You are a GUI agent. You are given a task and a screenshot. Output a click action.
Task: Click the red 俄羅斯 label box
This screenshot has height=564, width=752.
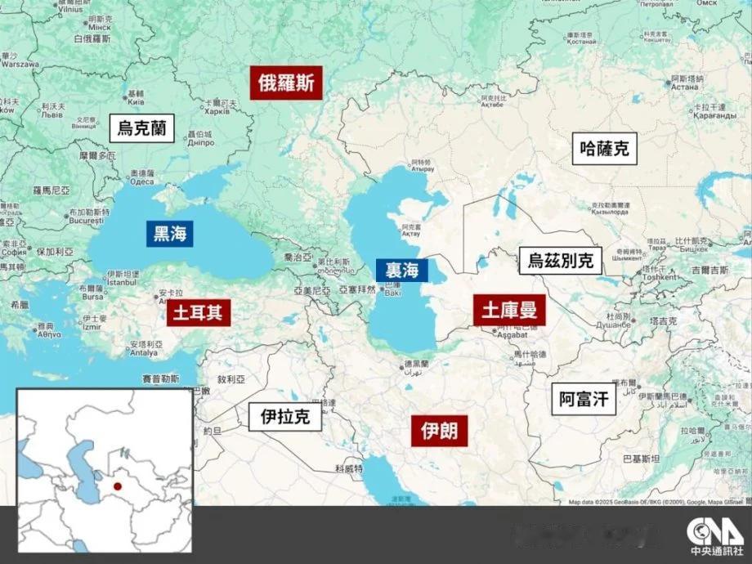[287, 83]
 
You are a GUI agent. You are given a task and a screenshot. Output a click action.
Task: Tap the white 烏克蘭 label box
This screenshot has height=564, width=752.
[142, 128]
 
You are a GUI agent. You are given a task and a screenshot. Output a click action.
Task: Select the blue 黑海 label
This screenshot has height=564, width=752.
[170, 234]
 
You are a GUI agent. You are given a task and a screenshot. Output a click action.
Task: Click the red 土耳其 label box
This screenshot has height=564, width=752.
[199, 312]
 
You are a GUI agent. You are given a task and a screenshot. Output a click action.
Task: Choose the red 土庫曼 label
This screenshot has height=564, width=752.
[508, 310]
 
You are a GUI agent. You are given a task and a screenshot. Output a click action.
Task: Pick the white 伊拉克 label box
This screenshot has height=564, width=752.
[285, 416]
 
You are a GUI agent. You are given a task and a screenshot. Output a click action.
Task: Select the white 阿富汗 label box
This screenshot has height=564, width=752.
[585, 399]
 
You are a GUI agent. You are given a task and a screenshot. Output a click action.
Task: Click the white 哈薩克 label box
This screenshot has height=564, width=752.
[605, 148]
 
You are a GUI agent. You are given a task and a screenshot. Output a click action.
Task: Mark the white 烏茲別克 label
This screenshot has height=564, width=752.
[560, 262]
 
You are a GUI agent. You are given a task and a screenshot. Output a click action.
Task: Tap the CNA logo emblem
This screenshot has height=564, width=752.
[709, 529]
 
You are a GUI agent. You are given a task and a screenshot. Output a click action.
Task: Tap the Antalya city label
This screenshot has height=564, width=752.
[141, 353]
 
